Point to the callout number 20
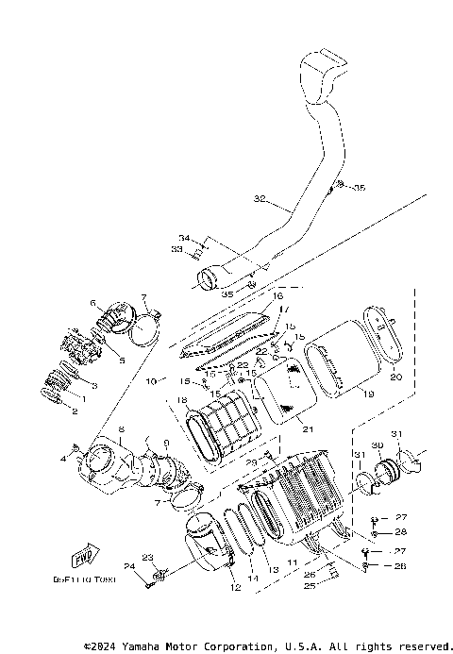pyautogui.click(x=395, y=376)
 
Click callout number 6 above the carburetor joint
pyautogui.click(x=93, y=303)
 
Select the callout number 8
pyautogui.click(x=121, y=429)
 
